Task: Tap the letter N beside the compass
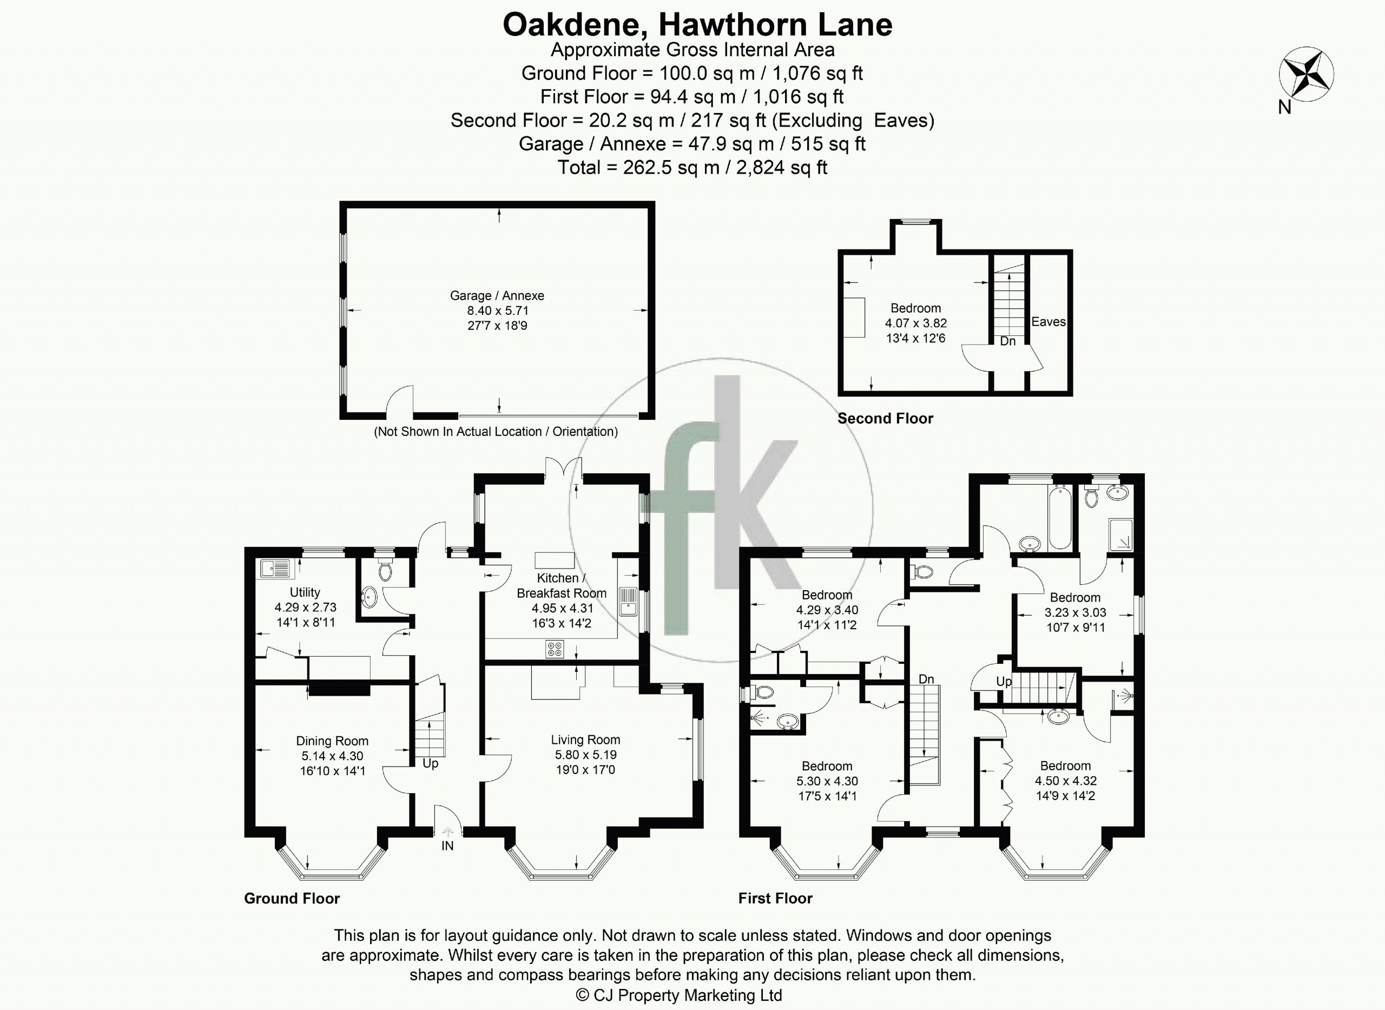1285,107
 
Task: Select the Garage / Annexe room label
497,296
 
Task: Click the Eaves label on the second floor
1048,321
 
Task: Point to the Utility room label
305,592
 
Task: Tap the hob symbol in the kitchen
555,649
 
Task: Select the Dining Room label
332,741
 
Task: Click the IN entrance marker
447,846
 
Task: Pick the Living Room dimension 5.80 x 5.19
586,755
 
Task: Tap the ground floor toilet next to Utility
385,570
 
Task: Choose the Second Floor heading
886,418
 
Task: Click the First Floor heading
775,898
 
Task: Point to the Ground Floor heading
292,898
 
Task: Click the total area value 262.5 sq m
671,168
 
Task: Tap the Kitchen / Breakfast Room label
562,585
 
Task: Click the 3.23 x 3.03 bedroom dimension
1075,612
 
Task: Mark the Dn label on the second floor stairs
1008,341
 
